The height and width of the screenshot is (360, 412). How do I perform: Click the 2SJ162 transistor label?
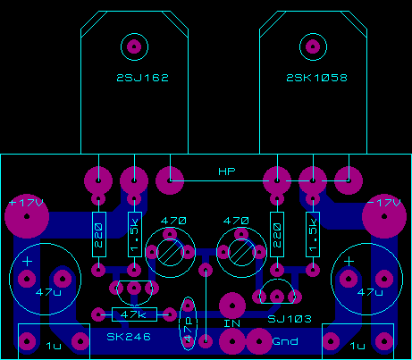143,78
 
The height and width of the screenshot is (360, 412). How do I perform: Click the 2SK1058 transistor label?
317,78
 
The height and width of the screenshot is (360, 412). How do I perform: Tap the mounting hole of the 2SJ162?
134,46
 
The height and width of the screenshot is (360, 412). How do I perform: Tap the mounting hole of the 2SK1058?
313,46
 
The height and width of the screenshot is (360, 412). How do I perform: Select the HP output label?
227,172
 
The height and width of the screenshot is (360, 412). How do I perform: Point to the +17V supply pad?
27,216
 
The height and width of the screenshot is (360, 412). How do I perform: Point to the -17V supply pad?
384,216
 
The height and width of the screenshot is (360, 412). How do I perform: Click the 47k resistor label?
133,314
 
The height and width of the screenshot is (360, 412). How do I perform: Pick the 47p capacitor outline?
188,323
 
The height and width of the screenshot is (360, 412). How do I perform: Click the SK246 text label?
129,337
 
